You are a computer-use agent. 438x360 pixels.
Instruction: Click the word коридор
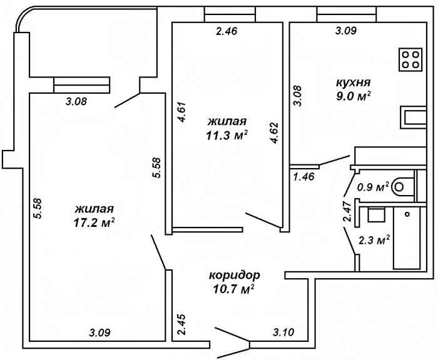[x=234, y=275]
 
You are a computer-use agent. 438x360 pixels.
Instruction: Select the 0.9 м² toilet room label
[x=374, y=186]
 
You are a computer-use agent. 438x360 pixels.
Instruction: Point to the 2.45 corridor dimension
[x=181, y=326]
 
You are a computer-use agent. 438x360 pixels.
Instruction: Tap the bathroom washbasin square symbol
[x=375, y=214]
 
